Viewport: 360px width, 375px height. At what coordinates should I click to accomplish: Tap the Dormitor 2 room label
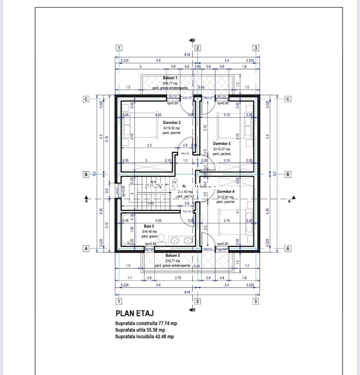point(172,122)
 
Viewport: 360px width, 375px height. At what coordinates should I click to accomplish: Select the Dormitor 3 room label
point(221,143)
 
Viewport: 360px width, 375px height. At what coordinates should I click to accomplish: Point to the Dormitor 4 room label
point(225,191)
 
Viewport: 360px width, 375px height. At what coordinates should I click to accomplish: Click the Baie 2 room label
point(149,226)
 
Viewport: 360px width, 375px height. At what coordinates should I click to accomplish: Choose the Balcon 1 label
point(170,78)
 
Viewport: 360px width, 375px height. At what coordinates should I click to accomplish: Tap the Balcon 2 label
point(173,255)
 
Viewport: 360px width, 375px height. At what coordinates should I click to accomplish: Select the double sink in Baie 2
point(181,240)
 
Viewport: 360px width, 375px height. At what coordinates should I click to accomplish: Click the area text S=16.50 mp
point(172,128)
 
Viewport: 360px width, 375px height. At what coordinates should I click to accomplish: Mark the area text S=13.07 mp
point(221,149)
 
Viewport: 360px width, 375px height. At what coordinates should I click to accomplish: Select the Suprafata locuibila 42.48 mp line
point(145,337)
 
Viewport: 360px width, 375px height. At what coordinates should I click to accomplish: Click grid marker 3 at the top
point(256,48)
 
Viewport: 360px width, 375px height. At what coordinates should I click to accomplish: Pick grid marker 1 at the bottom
point(119,301)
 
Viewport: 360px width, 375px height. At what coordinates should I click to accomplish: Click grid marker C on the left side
point(86,99)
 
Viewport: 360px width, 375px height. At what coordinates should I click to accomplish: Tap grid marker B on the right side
point(288,174)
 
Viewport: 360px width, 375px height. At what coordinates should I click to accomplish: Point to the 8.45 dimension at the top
point(187,54)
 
